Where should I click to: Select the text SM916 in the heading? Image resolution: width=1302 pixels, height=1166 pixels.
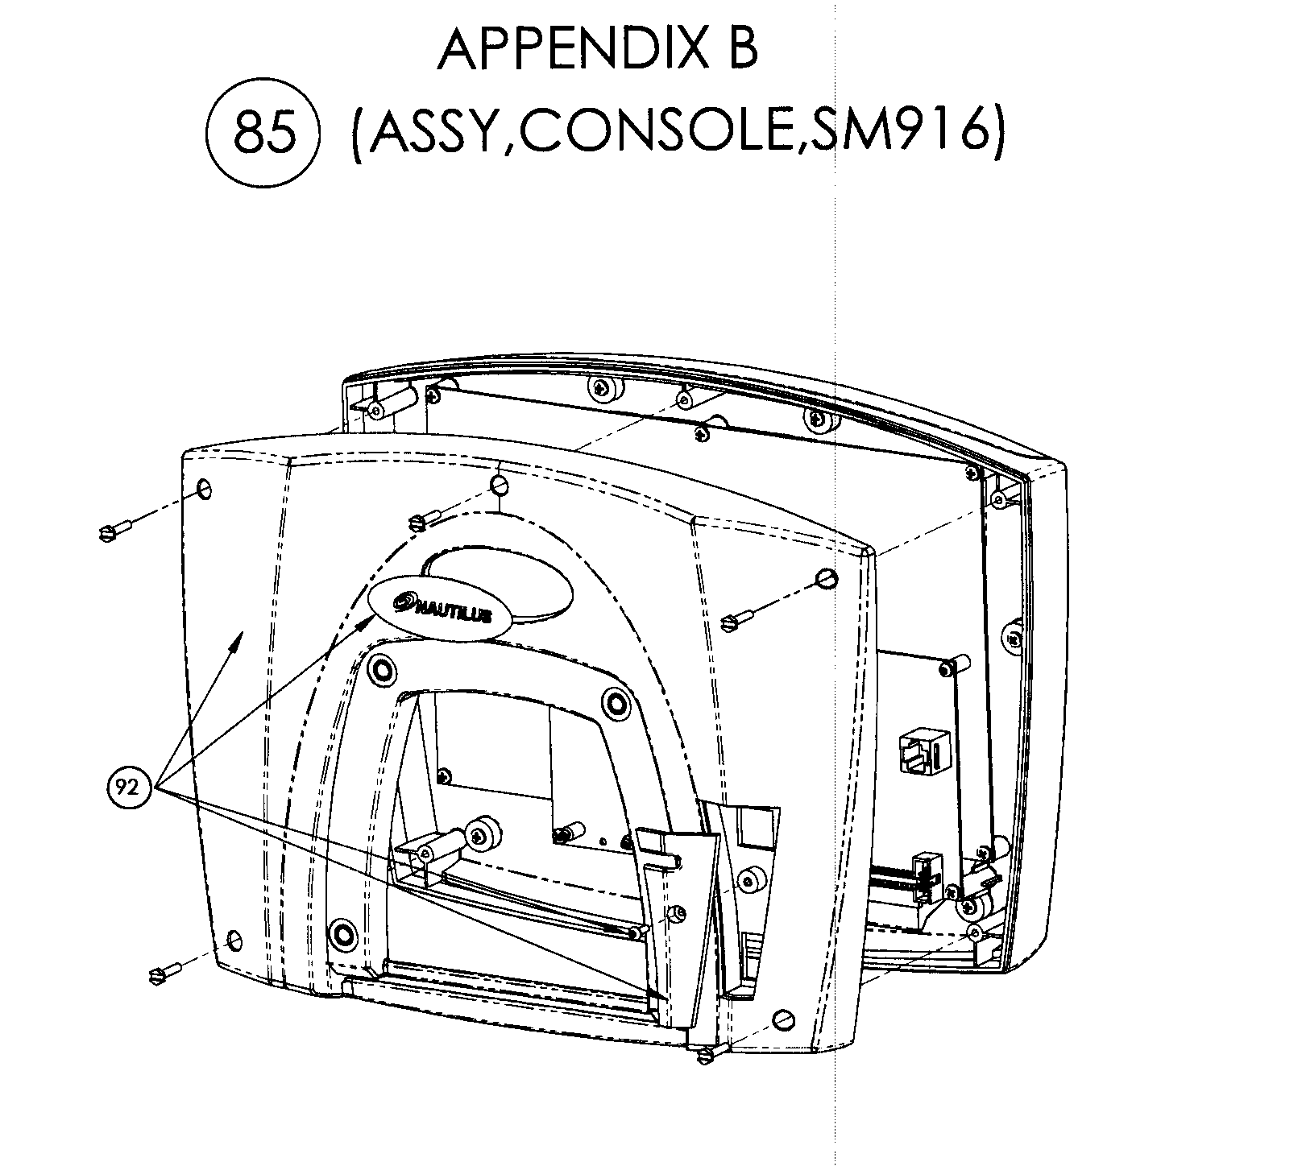[x=894, y=133]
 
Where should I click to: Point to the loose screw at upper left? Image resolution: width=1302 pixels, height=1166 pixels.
[x=115, y=529]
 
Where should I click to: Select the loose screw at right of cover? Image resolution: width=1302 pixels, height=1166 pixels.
[x=736, y=618]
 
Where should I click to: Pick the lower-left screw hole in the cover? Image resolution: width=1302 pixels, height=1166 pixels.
[x=234, y=940]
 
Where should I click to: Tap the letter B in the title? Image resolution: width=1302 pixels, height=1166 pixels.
[x=740, y=50]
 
